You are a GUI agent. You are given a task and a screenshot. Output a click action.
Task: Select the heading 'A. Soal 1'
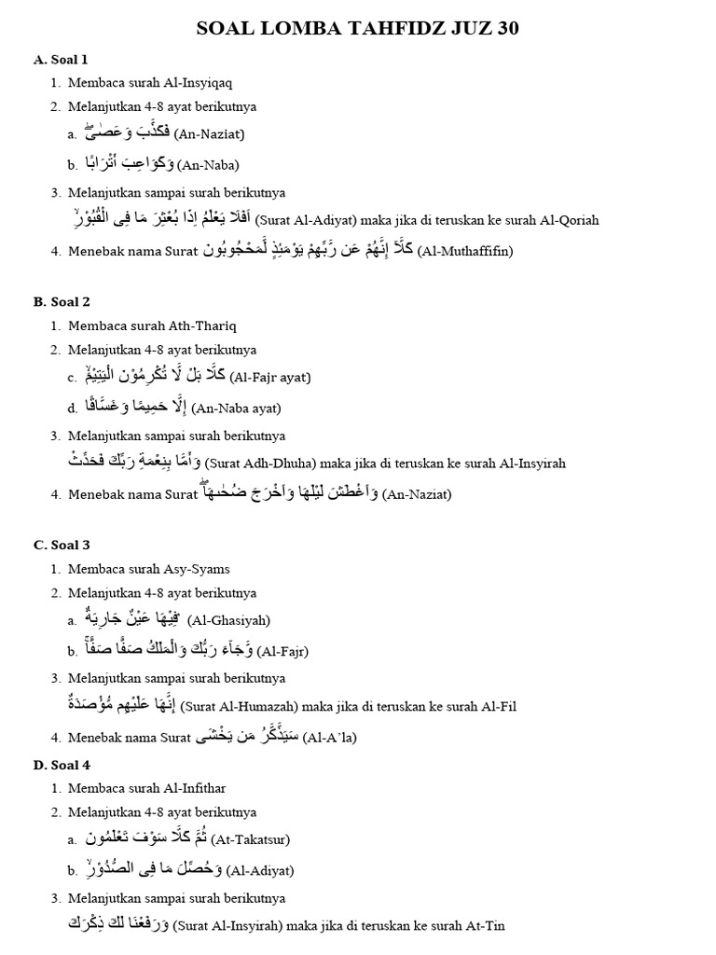(61, 60)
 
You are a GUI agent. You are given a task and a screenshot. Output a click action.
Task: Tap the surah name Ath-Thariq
(202, 325)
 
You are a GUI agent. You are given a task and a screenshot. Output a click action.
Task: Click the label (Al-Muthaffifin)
(465, 251)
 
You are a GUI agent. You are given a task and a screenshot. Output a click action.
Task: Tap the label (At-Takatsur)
(250, 839)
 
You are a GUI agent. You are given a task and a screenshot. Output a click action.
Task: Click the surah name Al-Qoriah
(568, 221)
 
